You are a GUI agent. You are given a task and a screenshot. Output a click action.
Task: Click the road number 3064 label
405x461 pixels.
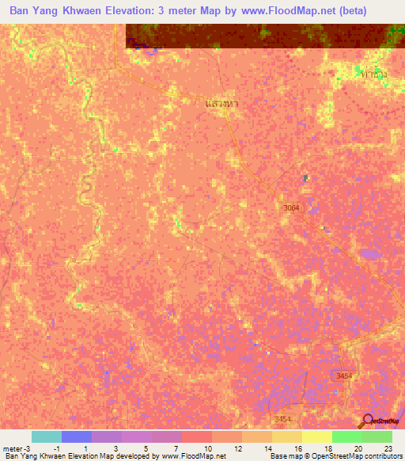coord(293,208)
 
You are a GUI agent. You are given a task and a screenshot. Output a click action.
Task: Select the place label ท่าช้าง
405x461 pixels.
coord(373,74)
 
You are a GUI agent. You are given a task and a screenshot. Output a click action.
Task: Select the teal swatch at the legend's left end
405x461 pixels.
coord(47,436)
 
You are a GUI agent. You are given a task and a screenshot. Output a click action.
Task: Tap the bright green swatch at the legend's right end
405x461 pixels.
coord(377,436)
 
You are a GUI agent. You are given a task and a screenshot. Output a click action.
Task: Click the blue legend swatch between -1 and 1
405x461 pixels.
coord(77,436)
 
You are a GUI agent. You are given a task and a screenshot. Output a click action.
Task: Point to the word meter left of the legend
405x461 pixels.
coord(10,448)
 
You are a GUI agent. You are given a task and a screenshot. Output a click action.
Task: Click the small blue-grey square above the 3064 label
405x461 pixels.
coord(305,177)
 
